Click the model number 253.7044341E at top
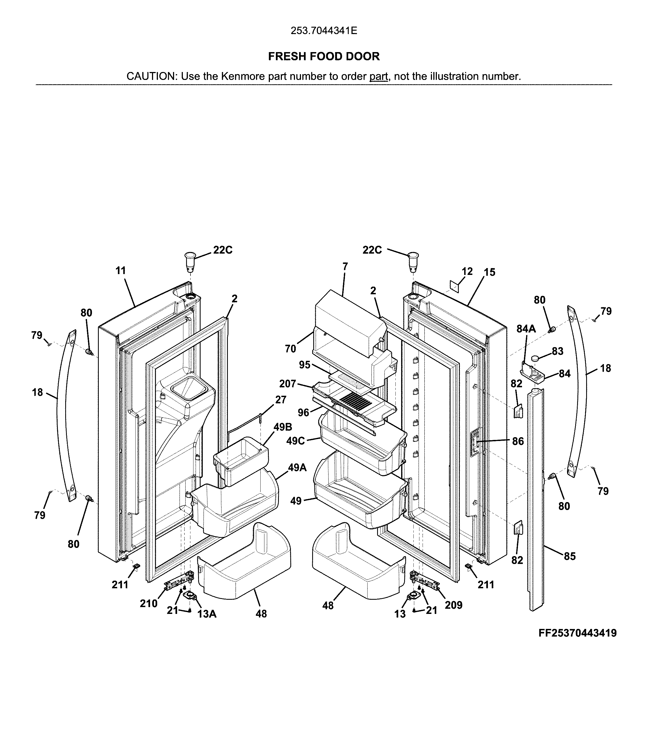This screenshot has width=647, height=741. click(x=324, y=31)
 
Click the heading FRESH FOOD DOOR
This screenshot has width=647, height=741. click(x=324, y=56)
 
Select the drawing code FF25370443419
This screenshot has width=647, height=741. click(x=577, y=633)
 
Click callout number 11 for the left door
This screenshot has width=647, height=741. click(x=121, y=270)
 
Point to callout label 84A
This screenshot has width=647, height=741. click(x=526, y=328)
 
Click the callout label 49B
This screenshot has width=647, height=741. click(x=283, y=427)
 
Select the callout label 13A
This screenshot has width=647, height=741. click(x=207, y=614)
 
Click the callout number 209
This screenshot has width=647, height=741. click(x=454, y=605)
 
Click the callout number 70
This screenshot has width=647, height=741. click(x=290, y=349)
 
